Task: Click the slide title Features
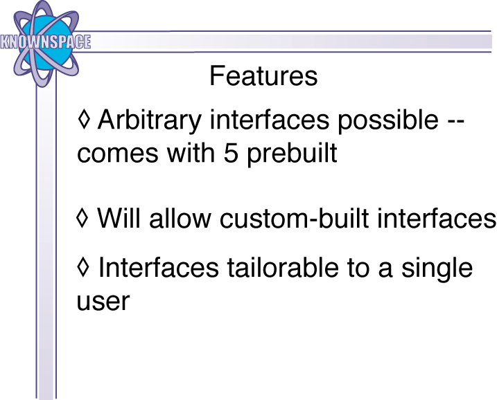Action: [263, 75]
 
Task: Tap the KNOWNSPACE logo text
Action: [46, 42]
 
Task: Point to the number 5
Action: [231, 153]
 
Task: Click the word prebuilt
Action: [292, 154]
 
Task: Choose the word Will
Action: [119, 218]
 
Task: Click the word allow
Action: [180, 218]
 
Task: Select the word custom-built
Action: [294, 218]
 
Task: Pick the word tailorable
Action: [283, 267]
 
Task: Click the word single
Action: [437, 269]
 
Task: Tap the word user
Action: [103, 302]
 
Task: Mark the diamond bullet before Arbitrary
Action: [84, 119]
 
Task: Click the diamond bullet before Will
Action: [82, 217]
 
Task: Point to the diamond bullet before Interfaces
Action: [83, 267]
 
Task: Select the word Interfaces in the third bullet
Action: [159, 267]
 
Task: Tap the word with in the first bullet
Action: [191, 152]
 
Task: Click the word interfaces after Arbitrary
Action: [270, 119]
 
